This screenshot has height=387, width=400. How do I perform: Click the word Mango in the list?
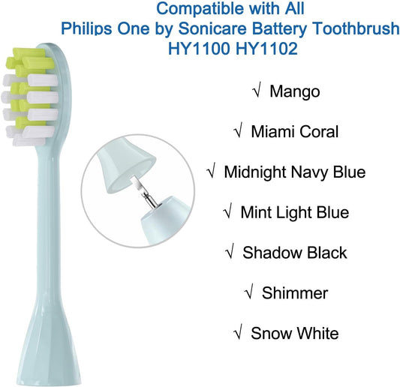[x=295, y=91]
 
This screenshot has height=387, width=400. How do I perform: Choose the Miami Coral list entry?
[x=295, y=132]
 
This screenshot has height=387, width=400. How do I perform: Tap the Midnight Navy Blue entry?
[x=295, y=172]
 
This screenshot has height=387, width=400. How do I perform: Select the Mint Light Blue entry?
[x=295, y=212]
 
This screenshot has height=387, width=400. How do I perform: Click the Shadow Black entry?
[x=295, y=253]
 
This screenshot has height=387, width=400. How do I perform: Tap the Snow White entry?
[x=295, y=333]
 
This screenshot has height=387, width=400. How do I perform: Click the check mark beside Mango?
[x=257, y=91]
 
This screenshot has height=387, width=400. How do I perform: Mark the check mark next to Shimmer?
[x=251, y=292]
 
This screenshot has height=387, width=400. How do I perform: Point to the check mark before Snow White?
[x=239, y=333]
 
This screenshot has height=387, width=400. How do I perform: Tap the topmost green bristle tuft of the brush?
[x=20, y=57]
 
